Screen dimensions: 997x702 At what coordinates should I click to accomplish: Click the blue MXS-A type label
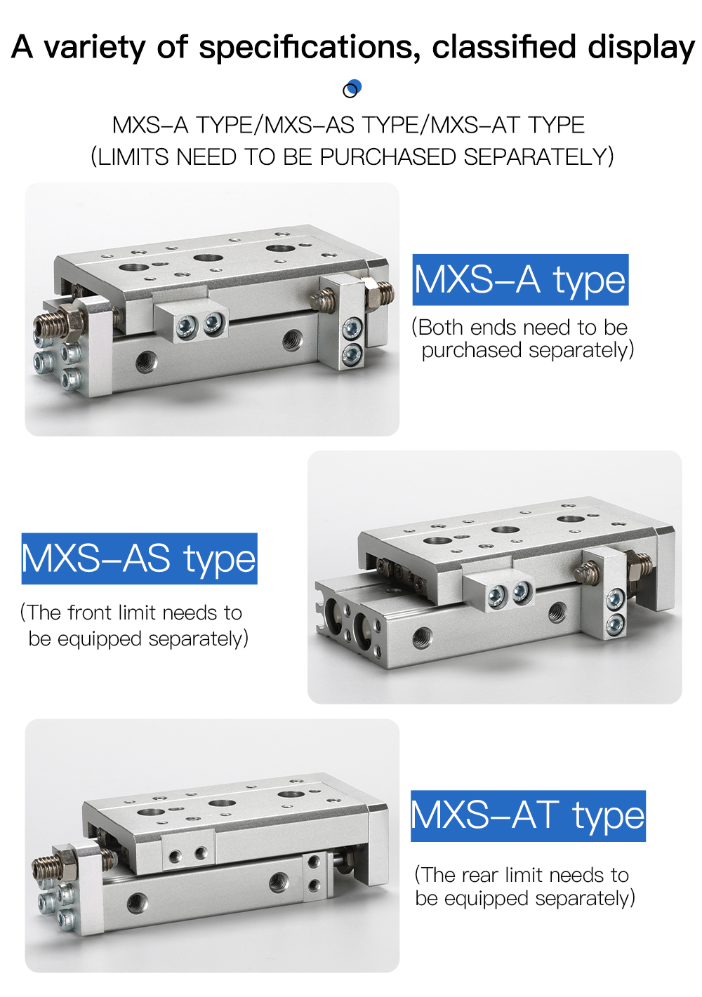[520, 279]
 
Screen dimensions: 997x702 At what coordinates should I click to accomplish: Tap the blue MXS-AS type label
[139, 558]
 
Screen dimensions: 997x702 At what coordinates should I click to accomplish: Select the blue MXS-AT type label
[528, 816]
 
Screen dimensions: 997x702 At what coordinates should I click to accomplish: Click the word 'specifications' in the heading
[309, 48]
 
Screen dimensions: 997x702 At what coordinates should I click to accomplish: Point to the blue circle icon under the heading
[352, 89]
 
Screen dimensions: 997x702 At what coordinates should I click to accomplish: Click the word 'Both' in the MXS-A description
[441, 328]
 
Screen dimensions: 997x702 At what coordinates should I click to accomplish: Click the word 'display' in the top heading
[641, 48]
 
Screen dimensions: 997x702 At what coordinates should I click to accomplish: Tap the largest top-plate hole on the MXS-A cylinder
[280, 248]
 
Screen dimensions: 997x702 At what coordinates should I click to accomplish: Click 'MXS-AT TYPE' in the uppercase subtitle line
[508, 125]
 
